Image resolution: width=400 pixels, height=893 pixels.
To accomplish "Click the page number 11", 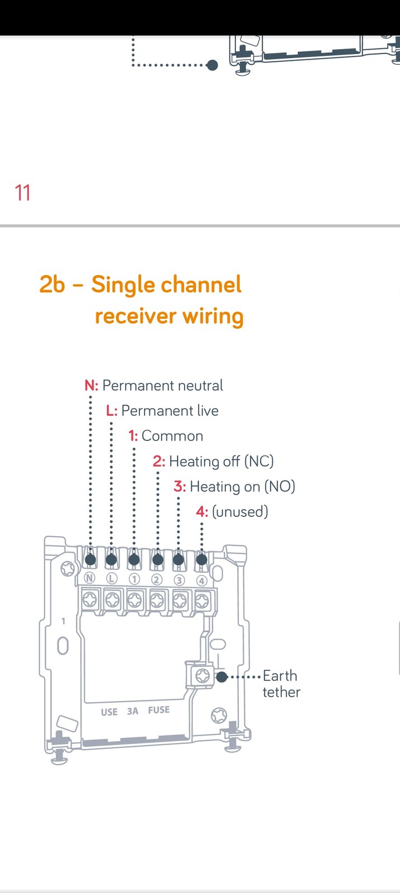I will click(22, 193).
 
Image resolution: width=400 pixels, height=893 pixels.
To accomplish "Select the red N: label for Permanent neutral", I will click(91, 386).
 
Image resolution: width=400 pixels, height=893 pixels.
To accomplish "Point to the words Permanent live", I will click(170, 411).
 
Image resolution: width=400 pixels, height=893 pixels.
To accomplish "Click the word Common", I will click(172, 436).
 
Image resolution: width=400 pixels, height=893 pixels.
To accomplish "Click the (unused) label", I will click(240, 512).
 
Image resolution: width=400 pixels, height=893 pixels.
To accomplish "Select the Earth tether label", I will click(281, 684).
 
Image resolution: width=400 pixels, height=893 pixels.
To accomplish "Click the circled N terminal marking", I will click(89, 578).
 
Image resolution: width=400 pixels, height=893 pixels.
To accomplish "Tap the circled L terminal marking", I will click(112, 578).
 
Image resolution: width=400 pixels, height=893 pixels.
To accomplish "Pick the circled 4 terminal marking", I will click(202, 580).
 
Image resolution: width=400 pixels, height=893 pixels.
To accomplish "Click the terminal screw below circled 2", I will click(157, 601).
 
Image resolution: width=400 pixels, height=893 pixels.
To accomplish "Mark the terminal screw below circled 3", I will click(180, 601).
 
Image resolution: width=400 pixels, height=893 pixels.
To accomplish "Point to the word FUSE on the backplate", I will click(158, 710).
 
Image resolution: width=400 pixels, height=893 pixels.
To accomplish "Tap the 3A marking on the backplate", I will click(132, 711).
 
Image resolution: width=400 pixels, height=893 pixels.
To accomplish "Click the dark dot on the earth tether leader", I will click(221, 677).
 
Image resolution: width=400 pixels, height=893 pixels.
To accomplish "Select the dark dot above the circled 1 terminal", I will click(134, 560).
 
